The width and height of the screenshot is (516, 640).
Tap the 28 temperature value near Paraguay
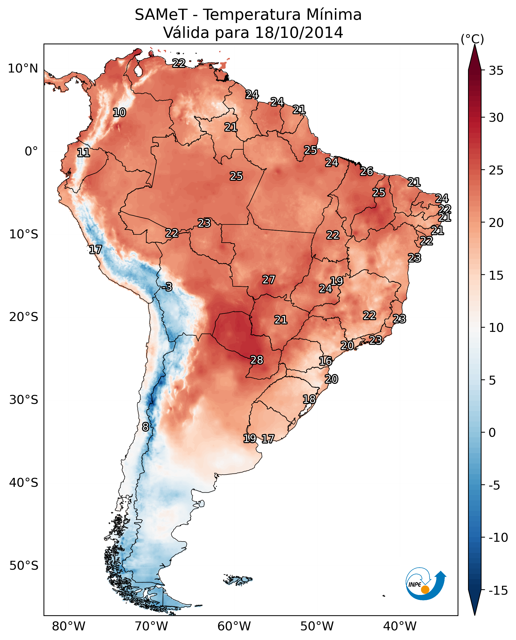[257, 360]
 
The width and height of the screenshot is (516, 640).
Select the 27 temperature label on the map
[268, 280]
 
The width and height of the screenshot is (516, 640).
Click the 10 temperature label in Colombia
[119, 112]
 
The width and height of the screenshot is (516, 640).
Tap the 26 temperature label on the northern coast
[367, 171]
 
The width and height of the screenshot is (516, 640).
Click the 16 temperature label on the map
[325, 361]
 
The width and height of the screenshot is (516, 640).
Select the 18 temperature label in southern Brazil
[309, 399]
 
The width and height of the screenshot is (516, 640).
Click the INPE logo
[425, 584]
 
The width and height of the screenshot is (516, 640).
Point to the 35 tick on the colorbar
[496, 71]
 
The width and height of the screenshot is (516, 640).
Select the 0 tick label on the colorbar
[492, 433]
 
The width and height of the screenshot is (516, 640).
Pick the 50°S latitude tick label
[24, 565]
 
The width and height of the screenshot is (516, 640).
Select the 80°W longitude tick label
[69, 626]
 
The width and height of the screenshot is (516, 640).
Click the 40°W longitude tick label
[400, 626]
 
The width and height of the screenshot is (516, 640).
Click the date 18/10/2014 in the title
[299, 32]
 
